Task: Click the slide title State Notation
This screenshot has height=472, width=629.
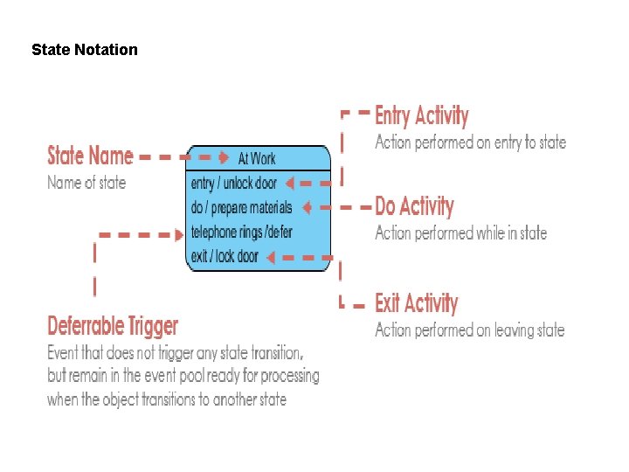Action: click(x=85, y=50)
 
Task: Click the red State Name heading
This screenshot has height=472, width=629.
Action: click(x=90, y=156)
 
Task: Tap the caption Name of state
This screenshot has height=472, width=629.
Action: click(x=86, y=183)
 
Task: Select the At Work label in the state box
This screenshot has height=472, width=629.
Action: click(x=257, y=158)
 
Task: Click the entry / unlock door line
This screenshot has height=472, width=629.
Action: click(x=232, y=184)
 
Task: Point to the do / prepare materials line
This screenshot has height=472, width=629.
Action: click(x=240, y=208)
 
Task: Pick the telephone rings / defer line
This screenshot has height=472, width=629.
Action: click(x=241, y=233)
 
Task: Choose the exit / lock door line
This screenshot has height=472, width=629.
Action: click(x=225, y=257)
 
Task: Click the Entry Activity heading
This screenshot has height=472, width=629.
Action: click(x=422, y=116)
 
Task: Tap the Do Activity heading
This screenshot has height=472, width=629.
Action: click(x=414, y=207)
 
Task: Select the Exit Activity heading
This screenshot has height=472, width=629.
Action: click(x=416, y=303)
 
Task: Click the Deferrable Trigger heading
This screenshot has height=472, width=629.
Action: click(x=113, y=326)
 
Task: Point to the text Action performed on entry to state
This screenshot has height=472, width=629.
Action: click(x=470, y=142)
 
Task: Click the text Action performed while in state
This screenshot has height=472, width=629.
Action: click(x=460, y=233)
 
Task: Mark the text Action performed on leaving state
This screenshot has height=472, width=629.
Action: click(x=469, y=330)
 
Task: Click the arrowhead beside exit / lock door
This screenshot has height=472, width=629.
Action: click(x=270, y=257)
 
